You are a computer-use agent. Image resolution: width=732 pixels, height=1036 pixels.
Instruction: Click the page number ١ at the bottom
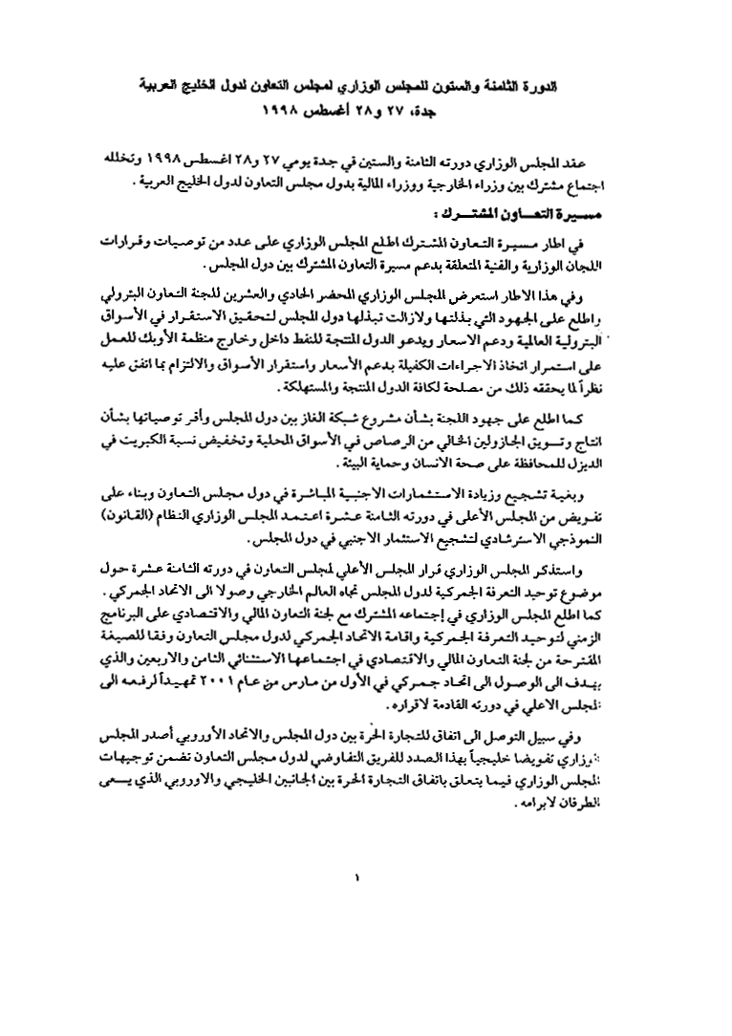(x=358, y=874)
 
